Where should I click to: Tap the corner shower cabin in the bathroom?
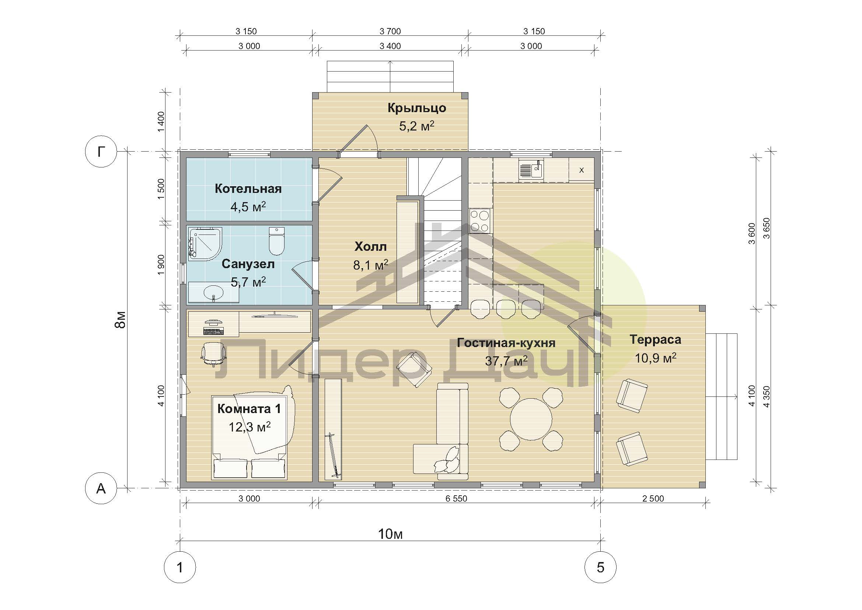pos(205,244)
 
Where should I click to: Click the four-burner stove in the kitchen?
pos(480,221)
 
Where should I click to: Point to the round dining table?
pos(531,419)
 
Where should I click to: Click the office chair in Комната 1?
pos(213,354)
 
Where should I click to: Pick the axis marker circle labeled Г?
pos(101,152)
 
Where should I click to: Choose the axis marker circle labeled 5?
pos(600,567)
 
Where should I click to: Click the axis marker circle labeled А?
pos(101,488)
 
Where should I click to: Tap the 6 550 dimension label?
pos(457,499)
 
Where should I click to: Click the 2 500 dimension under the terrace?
pos(653,499)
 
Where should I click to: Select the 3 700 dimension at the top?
pos(390,31)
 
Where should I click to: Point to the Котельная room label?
pos(248,188)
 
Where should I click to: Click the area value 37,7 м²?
pos(506,361)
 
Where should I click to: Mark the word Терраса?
pos(656,340)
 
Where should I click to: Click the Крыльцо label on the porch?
pos(417,108)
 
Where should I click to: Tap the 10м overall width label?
pos(390,534)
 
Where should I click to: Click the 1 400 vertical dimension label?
pos(161,121)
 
